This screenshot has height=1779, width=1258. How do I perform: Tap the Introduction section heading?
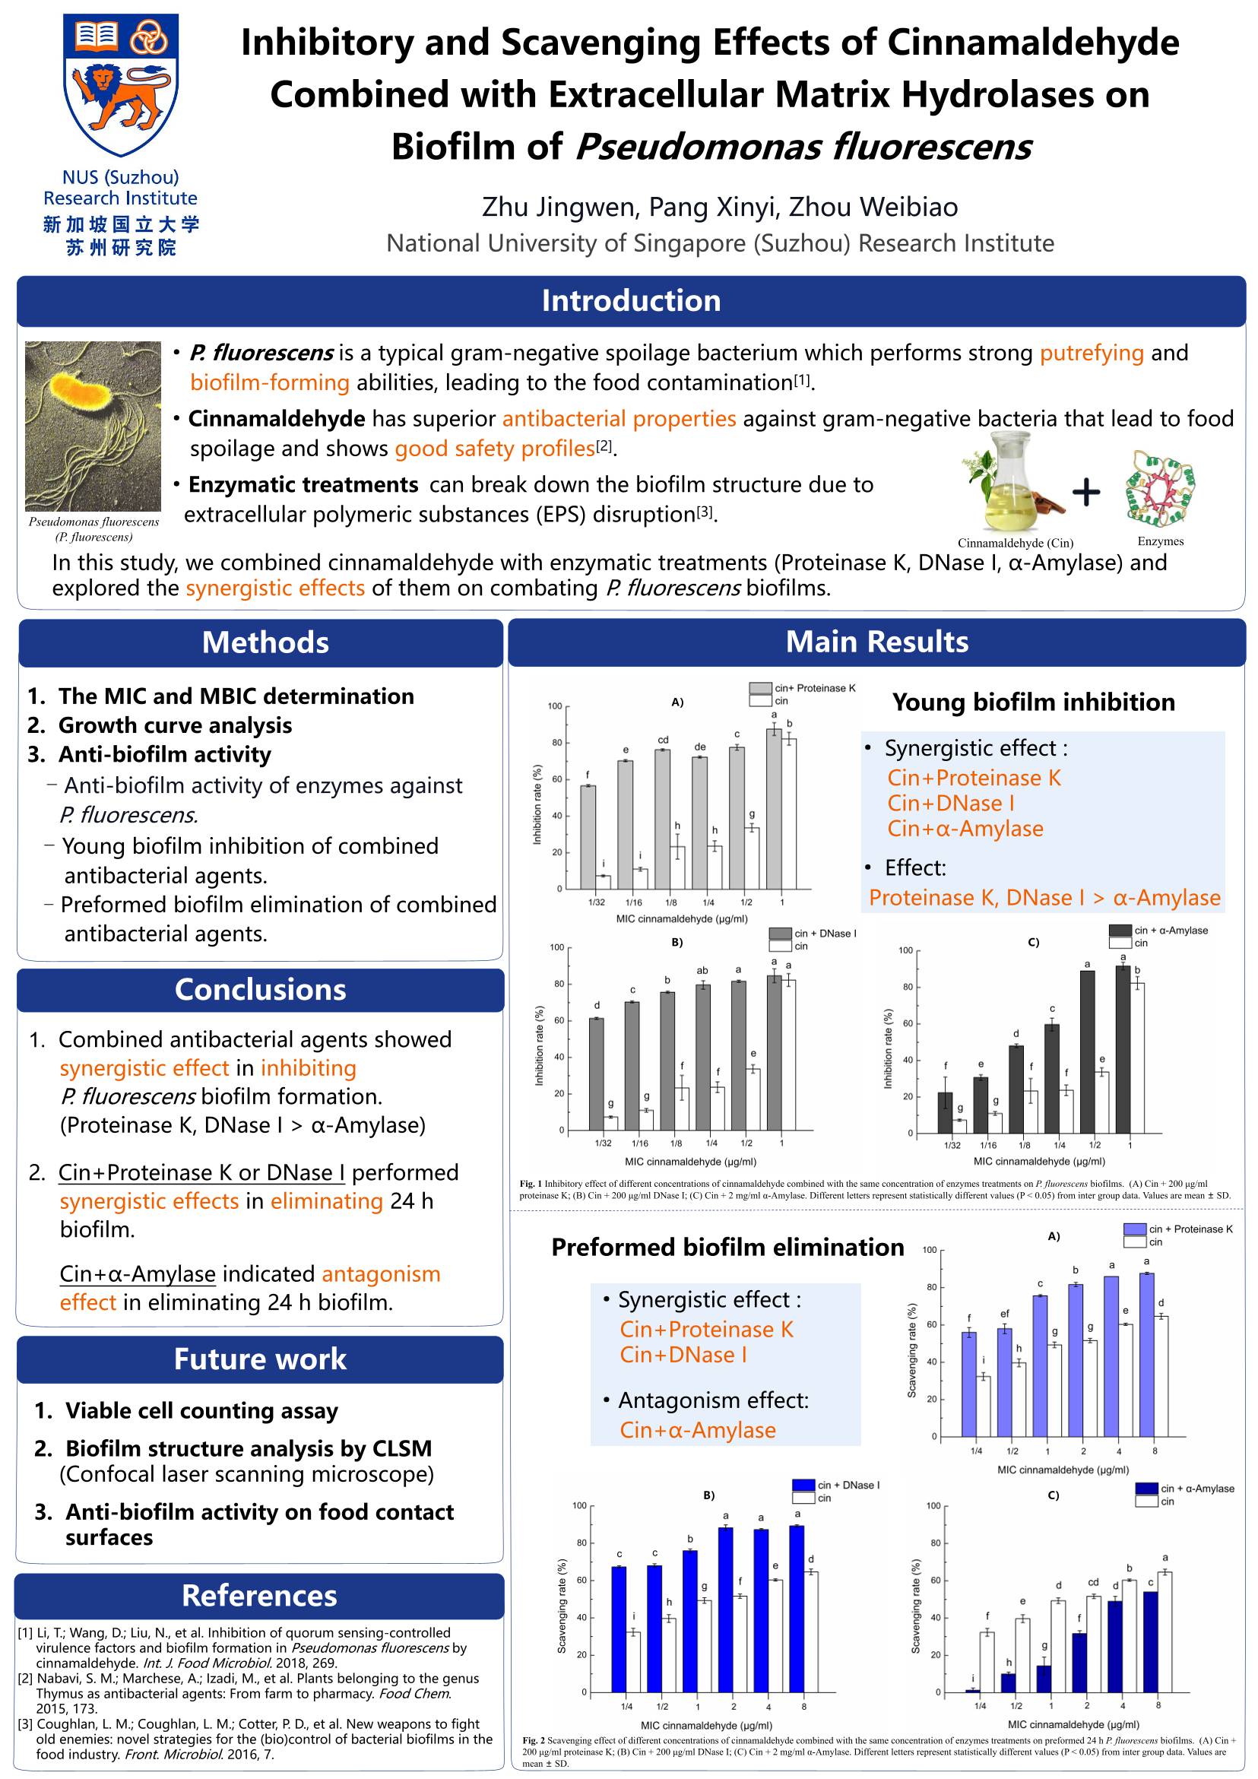pos(631,300)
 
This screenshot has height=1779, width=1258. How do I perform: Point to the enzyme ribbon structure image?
pos(1160,488)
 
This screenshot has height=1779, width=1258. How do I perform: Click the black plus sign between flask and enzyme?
pos(1086,491)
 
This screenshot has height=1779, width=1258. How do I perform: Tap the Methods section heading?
pos(265,642)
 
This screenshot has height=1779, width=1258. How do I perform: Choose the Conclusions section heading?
pos(260,989)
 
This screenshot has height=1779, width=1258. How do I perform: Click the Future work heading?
pos(260,1359)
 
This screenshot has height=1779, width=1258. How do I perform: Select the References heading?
pos(259,1595)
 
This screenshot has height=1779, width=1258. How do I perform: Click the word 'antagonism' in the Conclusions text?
pos(380,1274)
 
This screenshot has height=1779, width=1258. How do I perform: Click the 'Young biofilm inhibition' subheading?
pos(1033,702)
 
